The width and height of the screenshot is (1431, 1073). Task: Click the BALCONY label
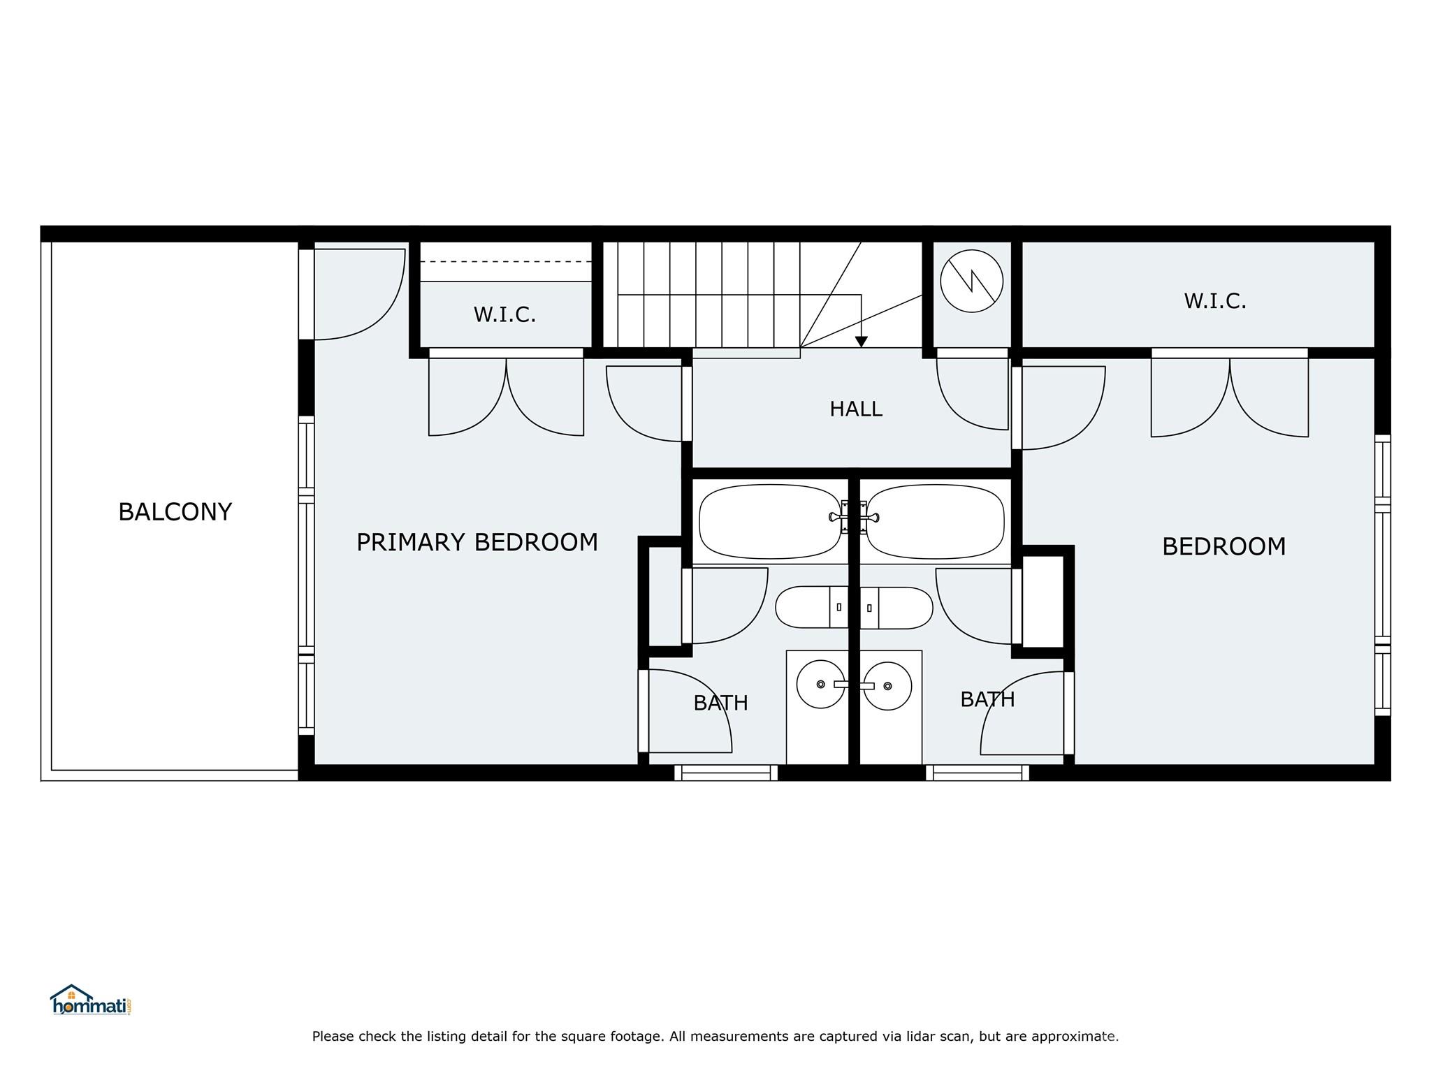(175, 512)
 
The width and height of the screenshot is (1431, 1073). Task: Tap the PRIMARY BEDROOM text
(477, 542)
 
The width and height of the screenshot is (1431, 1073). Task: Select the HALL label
(855, 409)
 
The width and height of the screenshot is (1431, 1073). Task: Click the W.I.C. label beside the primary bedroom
(504, 315)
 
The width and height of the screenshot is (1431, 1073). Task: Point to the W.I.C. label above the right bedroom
(1214, 301)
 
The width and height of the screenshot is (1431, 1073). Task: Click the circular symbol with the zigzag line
(971, 281)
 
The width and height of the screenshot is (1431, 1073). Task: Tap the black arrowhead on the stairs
(861, 342)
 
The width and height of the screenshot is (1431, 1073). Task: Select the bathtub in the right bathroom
(935, 522)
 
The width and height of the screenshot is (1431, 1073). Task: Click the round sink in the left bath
(820, 685)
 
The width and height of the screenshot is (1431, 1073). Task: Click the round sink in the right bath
(887, 686)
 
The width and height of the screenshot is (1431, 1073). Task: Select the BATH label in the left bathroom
(720, 703)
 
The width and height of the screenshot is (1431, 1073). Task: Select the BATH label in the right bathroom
(987, 699)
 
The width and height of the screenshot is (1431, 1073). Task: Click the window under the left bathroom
(726, 773)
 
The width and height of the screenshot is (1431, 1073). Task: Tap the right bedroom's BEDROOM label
(1223, 546)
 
